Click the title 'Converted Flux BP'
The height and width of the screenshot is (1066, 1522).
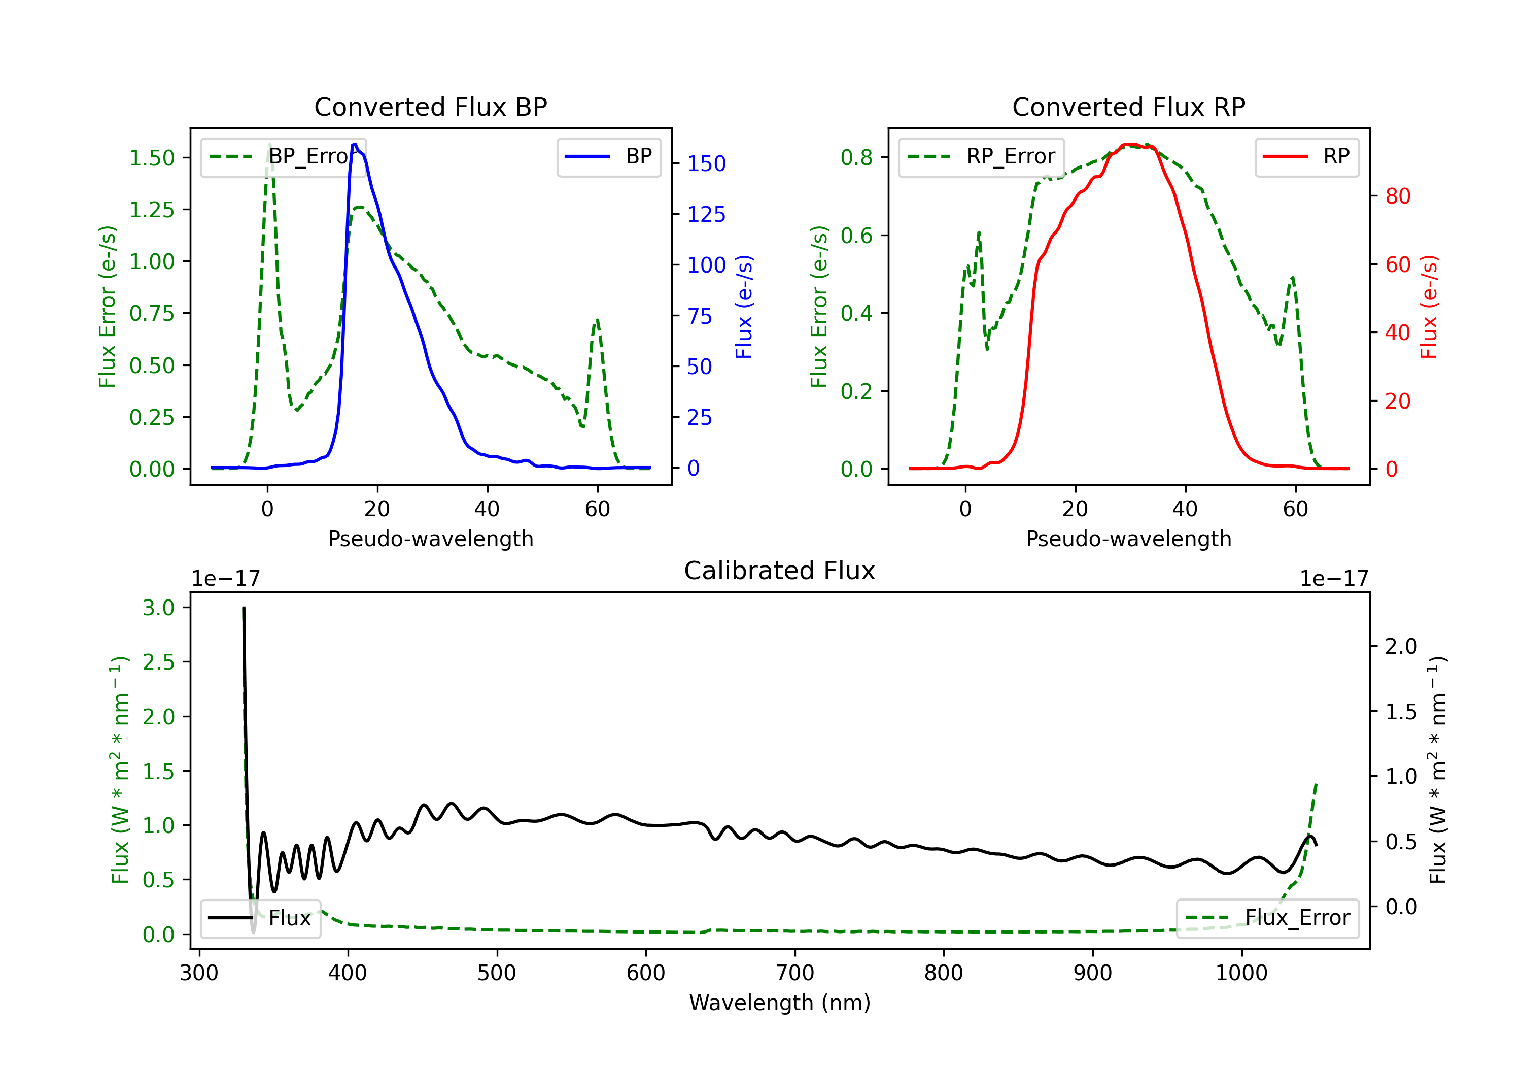430,107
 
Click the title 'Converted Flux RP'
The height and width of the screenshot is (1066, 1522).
1128,107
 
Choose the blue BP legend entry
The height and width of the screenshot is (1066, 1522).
608,156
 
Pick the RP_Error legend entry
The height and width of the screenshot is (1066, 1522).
981,156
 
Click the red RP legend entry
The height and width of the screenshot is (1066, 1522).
1306,156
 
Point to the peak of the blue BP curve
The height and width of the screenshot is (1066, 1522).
355,144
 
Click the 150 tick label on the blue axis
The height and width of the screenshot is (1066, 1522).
706,164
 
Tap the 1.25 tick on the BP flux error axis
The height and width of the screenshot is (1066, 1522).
152,210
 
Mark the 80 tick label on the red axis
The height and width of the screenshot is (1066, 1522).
1397,196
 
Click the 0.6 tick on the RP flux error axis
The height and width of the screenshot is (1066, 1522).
856,236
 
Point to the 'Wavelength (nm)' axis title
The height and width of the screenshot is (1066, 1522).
780,1003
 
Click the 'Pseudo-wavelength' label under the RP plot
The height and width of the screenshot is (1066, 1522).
1128,539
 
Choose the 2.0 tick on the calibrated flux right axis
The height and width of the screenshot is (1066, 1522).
1401,646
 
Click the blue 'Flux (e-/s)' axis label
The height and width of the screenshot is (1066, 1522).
744,307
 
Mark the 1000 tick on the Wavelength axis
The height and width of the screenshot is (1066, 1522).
1241,973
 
